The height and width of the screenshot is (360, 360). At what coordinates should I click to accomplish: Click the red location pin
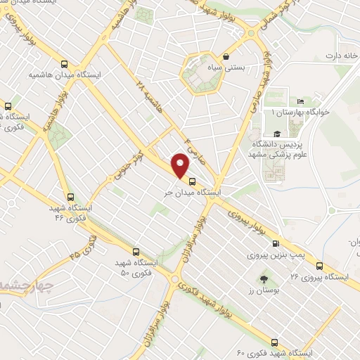pos(181,165)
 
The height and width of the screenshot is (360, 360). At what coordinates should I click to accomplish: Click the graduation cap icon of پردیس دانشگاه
pos(276,134)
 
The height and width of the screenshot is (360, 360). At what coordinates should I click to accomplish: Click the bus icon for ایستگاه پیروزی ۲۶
pos(320,266)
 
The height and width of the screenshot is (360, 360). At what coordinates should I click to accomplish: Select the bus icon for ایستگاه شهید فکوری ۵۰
pos(136,251)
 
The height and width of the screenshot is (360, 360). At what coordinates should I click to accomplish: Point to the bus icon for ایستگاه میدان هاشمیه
pos(65,62)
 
